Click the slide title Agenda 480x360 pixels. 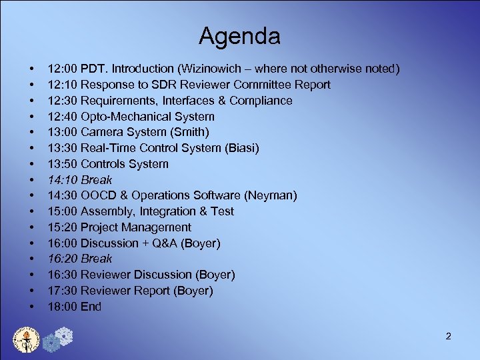(239, 35)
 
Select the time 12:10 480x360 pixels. (62, 85)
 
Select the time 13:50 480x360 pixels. (62, 164)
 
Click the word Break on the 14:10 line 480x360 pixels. (96, 180)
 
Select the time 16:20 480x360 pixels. (62, 259)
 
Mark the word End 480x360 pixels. (91, 307)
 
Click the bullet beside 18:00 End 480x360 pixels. (31, 307)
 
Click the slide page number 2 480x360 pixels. (448, 336)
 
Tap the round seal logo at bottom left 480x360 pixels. (27, 339)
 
